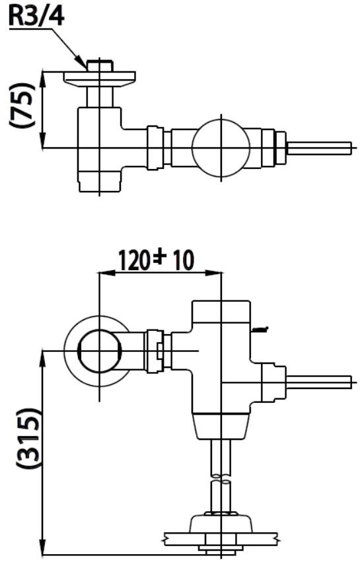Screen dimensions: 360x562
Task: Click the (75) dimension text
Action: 22,104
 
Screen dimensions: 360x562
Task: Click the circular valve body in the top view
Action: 221,147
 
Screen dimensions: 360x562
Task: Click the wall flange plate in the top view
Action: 100,79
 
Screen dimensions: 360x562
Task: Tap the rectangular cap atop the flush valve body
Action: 221,312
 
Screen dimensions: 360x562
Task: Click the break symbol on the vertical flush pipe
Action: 221,477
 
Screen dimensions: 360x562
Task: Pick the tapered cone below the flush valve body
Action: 221,426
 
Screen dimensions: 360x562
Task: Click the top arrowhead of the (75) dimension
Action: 43,78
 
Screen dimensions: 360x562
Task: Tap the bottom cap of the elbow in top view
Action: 100,182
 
